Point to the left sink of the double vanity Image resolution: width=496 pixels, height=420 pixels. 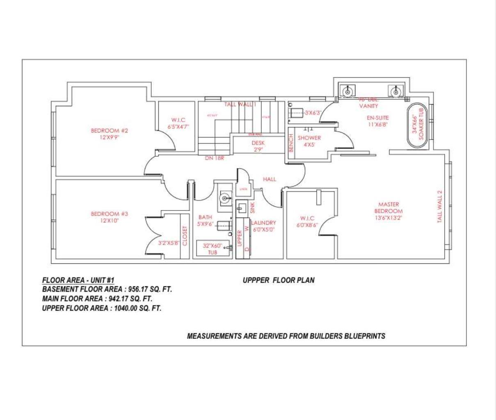(347, 90)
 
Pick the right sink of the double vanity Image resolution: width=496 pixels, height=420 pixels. (395, 90)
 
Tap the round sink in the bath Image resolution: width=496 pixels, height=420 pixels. (225, 199)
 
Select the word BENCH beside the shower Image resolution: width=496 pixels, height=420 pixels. (291, 143)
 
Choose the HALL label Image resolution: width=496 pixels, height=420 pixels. (270, 179)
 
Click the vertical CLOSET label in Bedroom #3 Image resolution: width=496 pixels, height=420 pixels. (185, 236)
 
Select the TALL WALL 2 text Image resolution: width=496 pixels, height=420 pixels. (439, 206)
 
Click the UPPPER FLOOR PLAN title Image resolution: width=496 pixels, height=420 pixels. (279, 280)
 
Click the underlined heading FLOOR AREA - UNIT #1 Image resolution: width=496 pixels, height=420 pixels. (78, 280)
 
